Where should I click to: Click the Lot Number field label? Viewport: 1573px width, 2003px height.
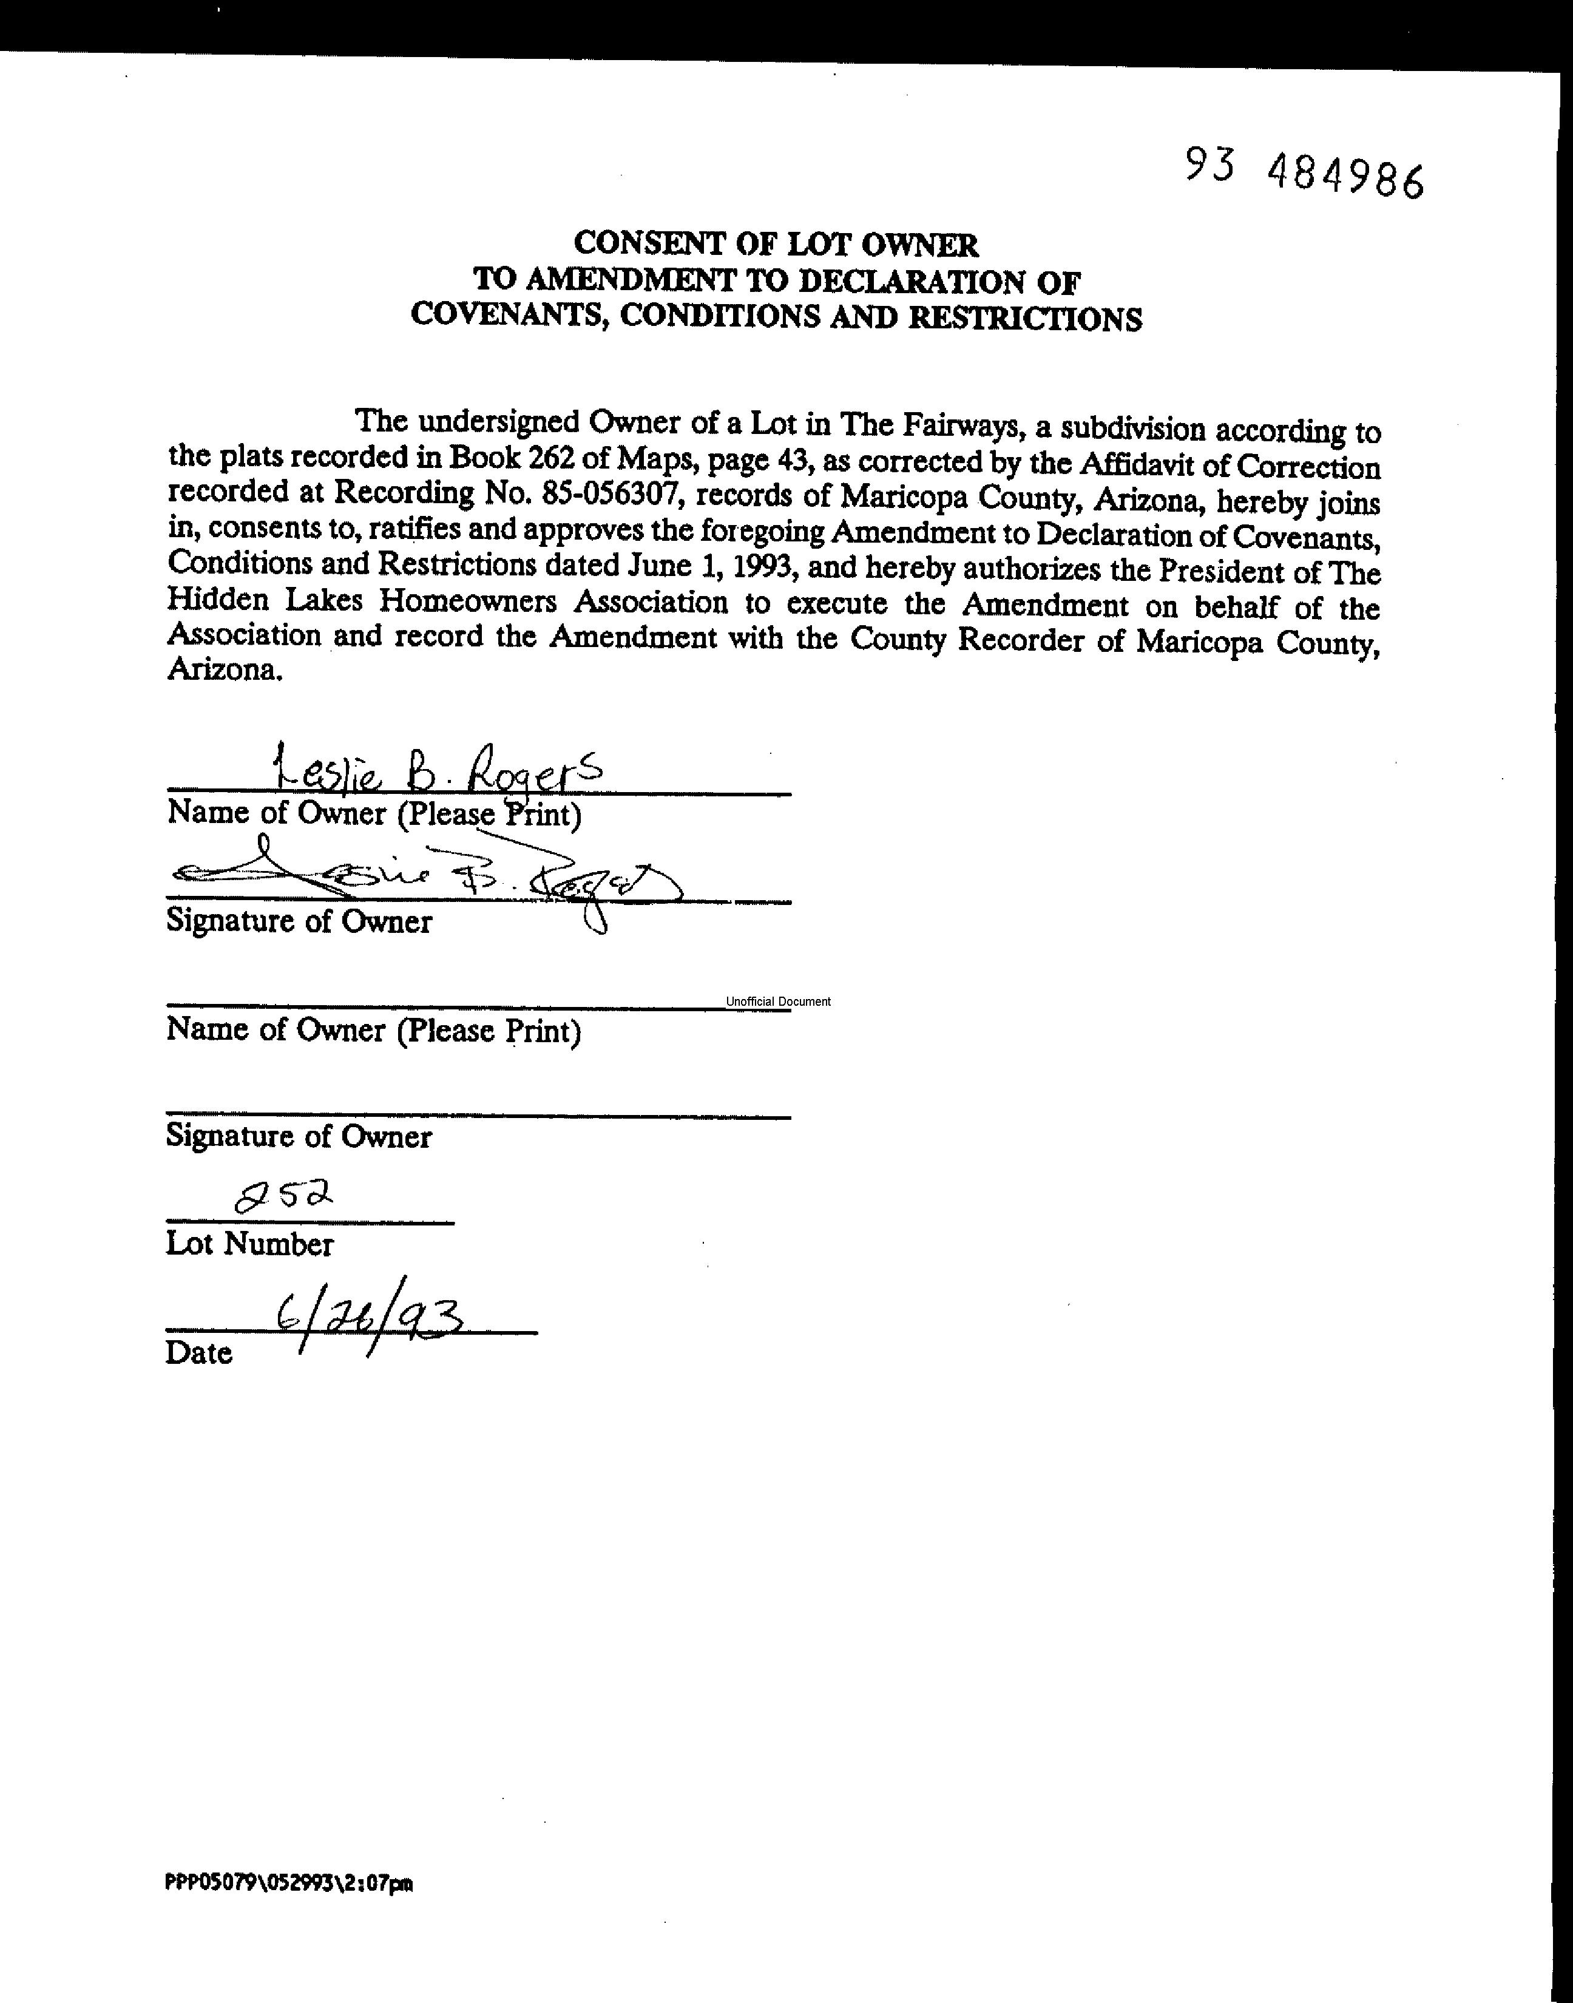pyautogui.click(x=249, y=1244)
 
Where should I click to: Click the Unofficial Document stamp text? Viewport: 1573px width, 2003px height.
pyautogui.click(x=778, y=1001)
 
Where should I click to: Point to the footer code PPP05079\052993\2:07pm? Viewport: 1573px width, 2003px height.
pyautogui.click(x=288, y=1883)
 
